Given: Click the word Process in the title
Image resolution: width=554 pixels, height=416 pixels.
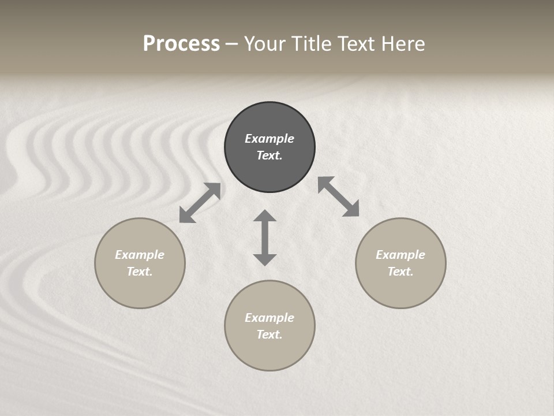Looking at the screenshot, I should tap(181, 44).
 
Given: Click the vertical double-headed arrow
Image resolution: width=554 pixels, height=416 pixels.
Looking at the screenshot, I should tap(265, 237).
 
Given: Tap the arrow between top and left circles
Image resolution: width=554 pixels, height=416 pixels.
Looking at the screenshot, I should tap(200, 203).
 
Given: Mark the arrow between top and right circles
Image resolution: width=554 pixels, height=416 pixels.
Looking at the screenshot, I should tap(339, 196).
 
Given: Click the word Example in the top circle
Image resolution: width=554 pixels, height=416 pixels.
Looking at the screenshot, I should tap(269, 139).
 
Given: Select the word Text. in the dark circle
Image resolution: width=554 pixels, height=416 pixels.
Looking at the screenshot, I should tap(269, 155).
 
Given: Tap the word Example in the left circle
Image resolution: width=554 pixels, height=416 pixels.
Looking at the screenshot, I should tap(140, 255).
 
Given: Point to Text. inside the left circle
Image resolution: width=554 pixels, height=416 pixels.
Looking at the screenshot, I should tap(140, 272).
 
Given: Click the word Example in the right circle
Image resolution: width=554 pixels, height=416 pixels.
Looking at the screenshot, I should tap(400, 255).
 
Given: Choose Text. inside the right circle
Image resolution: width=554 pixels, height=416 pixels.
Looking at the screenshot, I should tap(400, 272).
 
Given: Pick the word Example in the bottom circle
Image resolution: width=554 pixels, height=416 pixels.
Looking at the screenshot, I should tap(269, 318).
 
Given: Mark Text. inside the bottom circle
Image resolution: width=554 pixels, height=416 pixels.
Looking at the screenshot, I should tap(269, 335).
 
